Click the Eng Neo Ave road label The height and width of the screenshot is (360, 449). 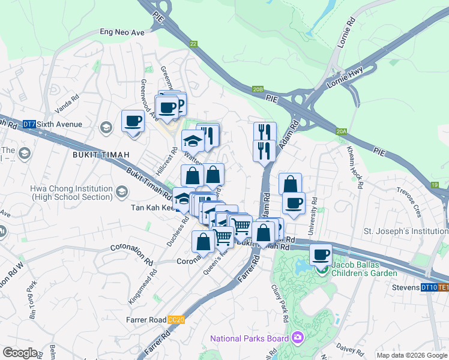pos(122,32)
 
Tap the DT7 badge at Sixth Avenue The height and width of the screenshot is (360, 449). pos(29,124)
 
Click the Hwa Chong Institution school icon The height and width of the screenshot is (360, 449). pos(122,192)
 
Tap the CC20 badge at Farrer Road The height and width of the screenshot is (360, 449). pos(176,320)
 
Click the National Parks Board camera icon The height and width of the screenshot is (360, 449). pos(297,338)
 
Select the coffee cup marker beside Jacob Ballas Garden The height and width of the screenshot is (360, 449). pos(321,255)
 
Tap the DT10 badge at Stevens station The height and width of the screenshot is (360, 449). pos(429,287)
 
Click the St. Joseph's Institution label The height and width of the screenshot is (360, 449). pos(406,231)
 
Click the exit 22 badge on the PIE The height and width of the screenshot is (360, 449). pos(193,44)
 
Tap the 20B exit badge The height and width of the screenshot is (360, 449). pos(258,89)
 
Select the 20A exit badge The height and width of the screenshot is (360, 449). pos(342,131)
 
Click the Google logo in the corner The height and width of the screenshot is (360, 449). pos(20,353)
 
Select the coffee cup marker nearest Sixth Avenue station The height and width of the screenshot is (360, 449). pos(133,121)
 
